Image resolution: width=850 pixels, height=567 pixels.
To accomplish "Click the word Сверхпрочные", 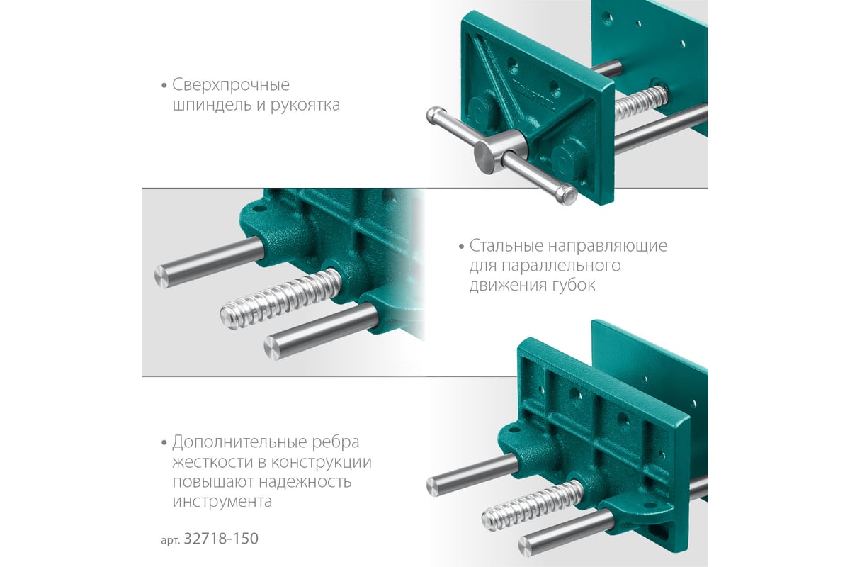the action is click(231, 85).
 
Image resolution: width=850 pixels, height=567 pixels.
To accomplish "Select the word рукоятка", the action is click(305, 106).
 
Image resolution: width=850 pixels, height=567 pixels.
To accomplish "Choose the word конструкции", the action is click(322, 463).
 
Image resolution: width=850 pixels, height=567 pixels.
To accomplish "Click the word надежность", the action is click(305, 482).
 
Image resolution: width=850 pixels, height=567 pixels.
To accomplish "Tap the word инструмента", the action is click(222, 502).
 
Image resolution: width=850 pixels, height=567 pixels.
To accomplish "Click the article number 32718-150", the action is click(221, 538).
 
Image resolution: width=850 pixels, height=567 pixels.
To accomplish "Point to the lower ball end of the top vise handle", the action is click(567, 194).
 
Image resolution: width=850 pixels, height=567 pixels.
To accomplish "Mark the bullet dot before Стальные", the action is click(461, 247).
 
